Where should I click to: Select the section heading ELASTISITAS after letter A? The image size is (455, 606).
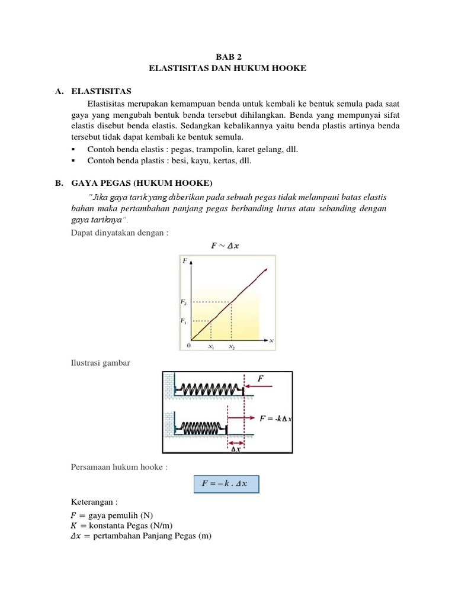(101, 91)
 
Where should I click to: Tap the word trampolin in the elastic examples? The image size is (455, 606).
(207, 150)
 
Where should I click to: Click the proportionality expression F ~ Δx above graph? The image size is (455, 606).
(227, 246)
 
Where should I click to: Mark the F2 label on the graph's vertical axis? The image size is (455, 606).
(184, 302)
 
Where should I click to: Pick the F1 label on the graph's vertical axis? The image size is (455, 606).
(184, 321)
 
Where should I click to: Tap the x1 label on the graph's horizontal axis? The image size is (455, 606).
(210, 347)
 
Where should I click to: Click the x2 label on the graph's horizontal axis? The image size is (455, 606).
(231, 347)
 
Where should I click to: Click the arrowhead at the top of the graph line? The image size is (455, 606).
(266, 270)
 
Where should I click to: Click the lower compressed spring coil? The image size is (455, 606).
(202, 427)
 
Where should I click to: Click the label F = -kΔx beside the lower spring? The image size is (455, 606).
(275, 418)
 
